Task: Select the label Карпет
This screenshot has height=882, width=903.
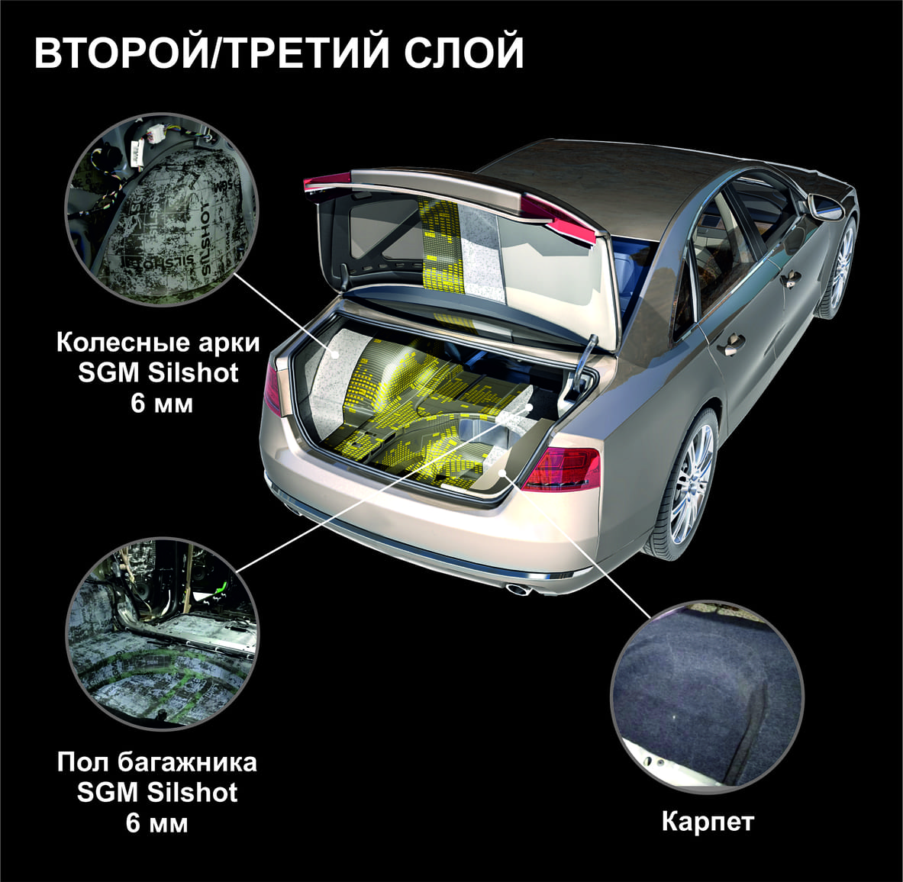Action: tap(708, 822)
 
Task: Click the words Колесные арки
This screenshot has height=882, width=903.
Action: tap(158, 343)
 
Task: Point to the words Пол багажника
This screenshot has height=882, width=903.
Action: tap(157, 762)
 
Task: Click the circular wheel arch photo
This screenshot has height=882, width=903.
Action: tap(163, 209)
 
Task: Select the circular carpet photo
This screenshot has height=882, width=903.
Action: tap(707, 696)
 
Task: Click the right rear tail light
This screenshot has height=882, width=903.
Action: tap(562, 468)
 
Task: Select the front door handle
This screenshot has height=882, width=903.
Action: tap(789, 280)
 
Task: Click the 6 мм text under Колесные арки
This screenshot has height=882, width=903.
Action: tap(162, 404)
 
